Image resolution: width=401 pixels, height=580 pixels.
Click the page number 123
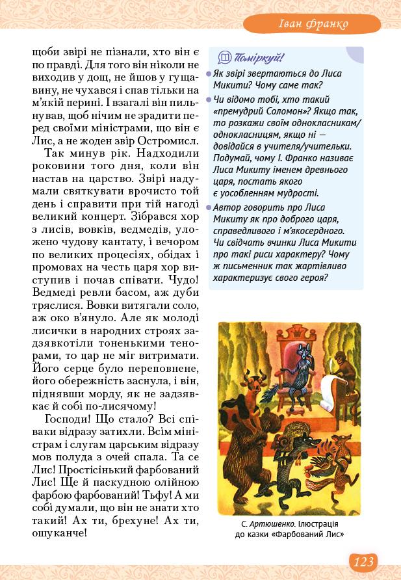click(364, 561)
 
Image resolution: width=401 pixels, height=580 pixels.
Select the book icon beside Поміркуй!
click(225, 58)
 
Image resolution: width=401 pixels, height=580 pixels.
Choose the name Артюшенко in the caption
click(276, 523)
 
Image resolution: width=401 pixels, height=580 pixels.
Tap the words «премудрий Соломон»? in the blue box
click(251, 111)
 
